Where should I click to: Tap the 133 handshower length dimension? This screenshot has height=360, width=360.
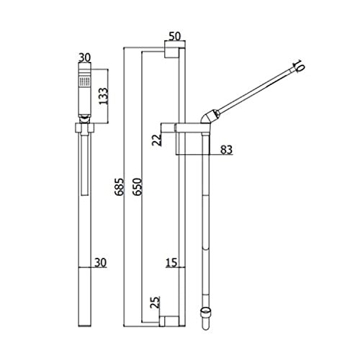click(104, 96)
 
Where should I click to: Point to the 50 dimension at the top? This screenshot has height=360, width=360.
click(175, 37)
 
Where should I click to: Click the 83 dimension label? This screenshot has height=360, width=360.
click(226, 150)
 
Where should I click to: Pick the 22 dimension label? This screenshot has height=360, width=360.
click(157, 140)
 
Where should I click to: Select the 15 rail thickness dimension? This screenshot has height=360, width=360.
click(171, 263)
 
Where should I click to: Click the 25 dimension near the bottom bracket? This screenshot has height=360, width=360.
click(156, 302)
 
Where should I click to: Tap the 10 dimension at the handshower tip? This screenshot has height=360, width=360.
click(298, 65)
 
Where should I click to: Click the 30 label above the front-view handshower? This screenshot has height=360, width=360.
click(85, 58)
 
